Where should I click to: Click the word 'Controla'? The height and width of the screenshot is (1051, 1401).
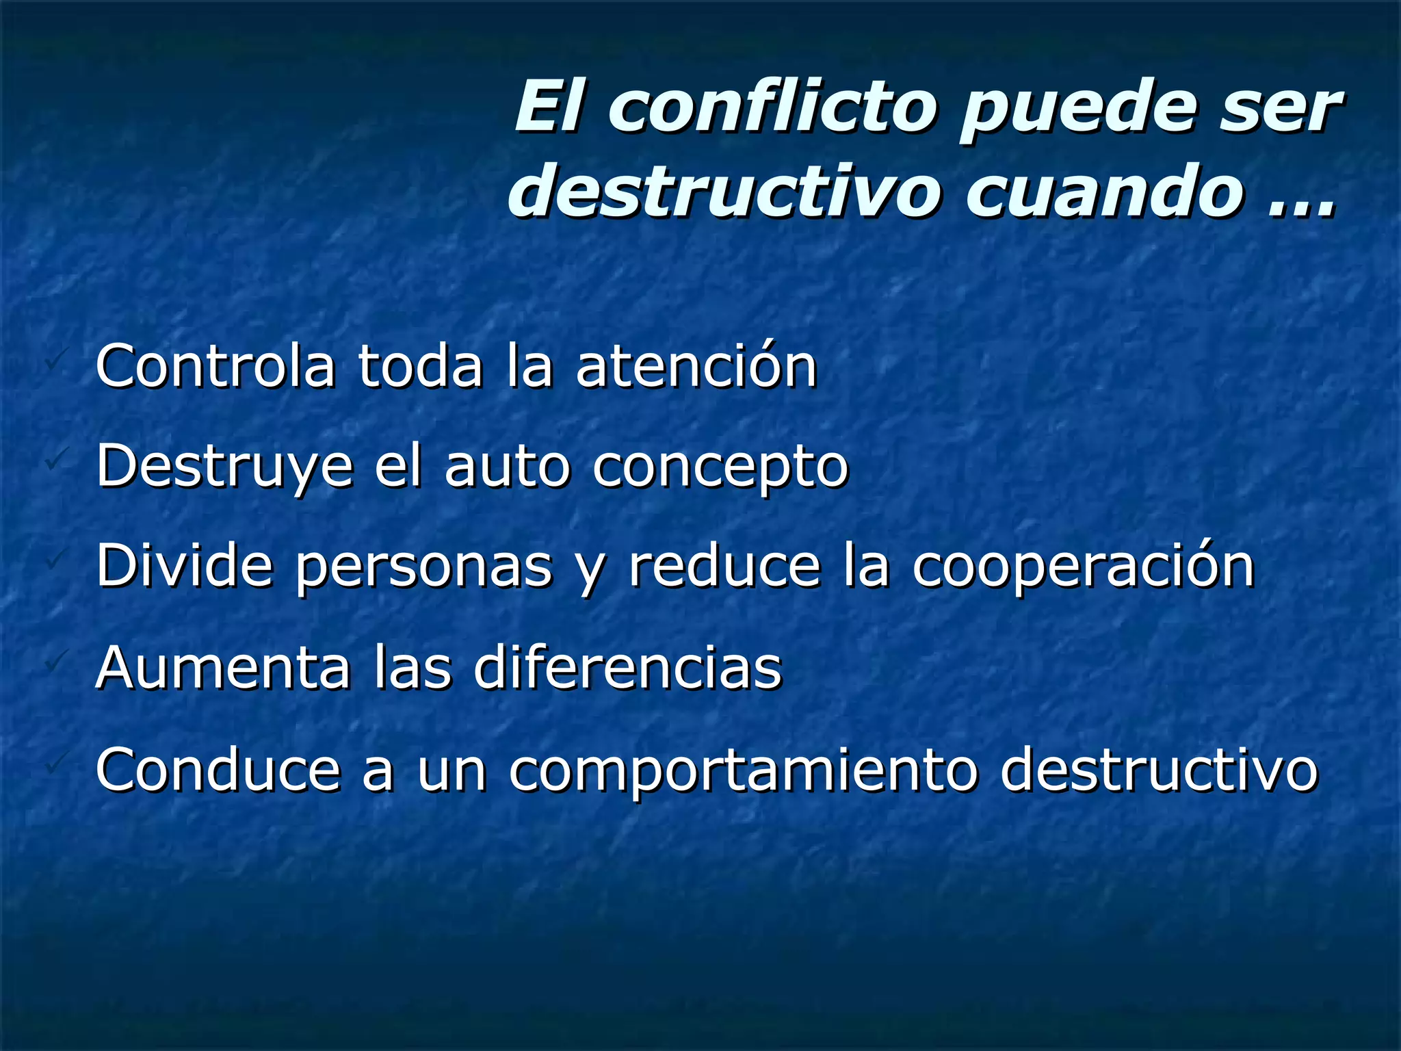coord(215,367)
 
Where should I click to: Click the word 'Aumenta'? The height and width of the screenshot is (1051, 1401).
coord(222,667)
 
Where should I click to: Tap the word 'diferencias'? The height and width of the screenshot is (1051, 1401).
coord(628,667)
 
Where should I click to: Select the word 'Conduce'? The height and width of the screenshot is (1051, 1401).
coord(218,769)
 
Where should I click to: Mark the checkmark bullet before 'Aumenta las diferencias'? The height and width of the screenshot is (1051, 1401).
coord(54,662)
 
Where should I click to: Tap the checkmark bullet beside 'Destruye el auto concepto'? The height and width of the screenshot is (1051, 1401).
coord(54,461)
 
